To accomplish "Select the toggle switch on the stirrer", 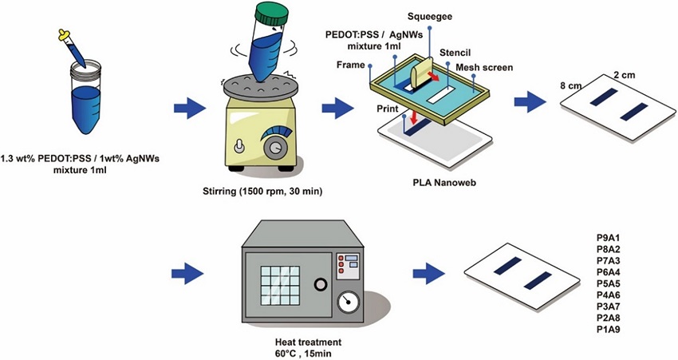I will pyautogui.click(x=238, y=147).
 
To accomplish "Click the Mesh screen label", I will pyautogui.click(x=484, y=68).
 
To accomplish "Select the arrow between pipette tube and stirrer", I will pyautogui.click(x=188, y=108).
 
